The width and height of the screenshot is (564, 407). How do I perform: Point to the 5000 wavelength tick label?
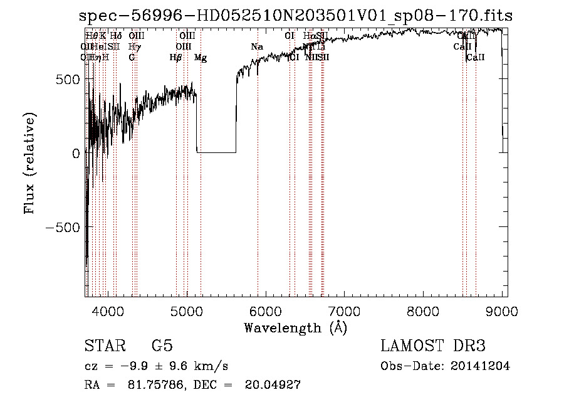[187, 310]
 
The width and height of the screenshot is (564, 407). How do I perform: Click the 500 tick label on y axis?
[65, 80]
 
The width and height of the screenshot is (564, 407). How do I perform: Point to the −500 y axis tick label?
[61, 227]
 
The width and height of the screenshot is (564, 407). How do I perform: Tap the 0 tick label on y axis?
[75, 153]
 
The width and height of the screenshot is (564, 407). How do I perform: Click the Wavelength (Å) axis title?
[296, 327]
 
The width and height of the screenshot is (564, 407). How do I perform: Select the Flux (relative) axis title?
[30, 164]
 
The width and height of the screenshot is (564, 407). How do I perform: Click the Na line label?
[256, 47]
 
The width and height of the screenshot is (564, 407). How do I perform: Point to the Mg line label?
[201, 58]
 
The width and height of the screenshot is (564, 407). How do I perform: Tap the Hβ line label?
[176, 58]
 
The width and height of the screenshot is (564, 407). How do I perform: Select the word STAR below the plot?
[105, 346]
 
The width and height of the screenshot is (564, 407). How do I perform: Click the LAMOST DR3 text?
[433, 346]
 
